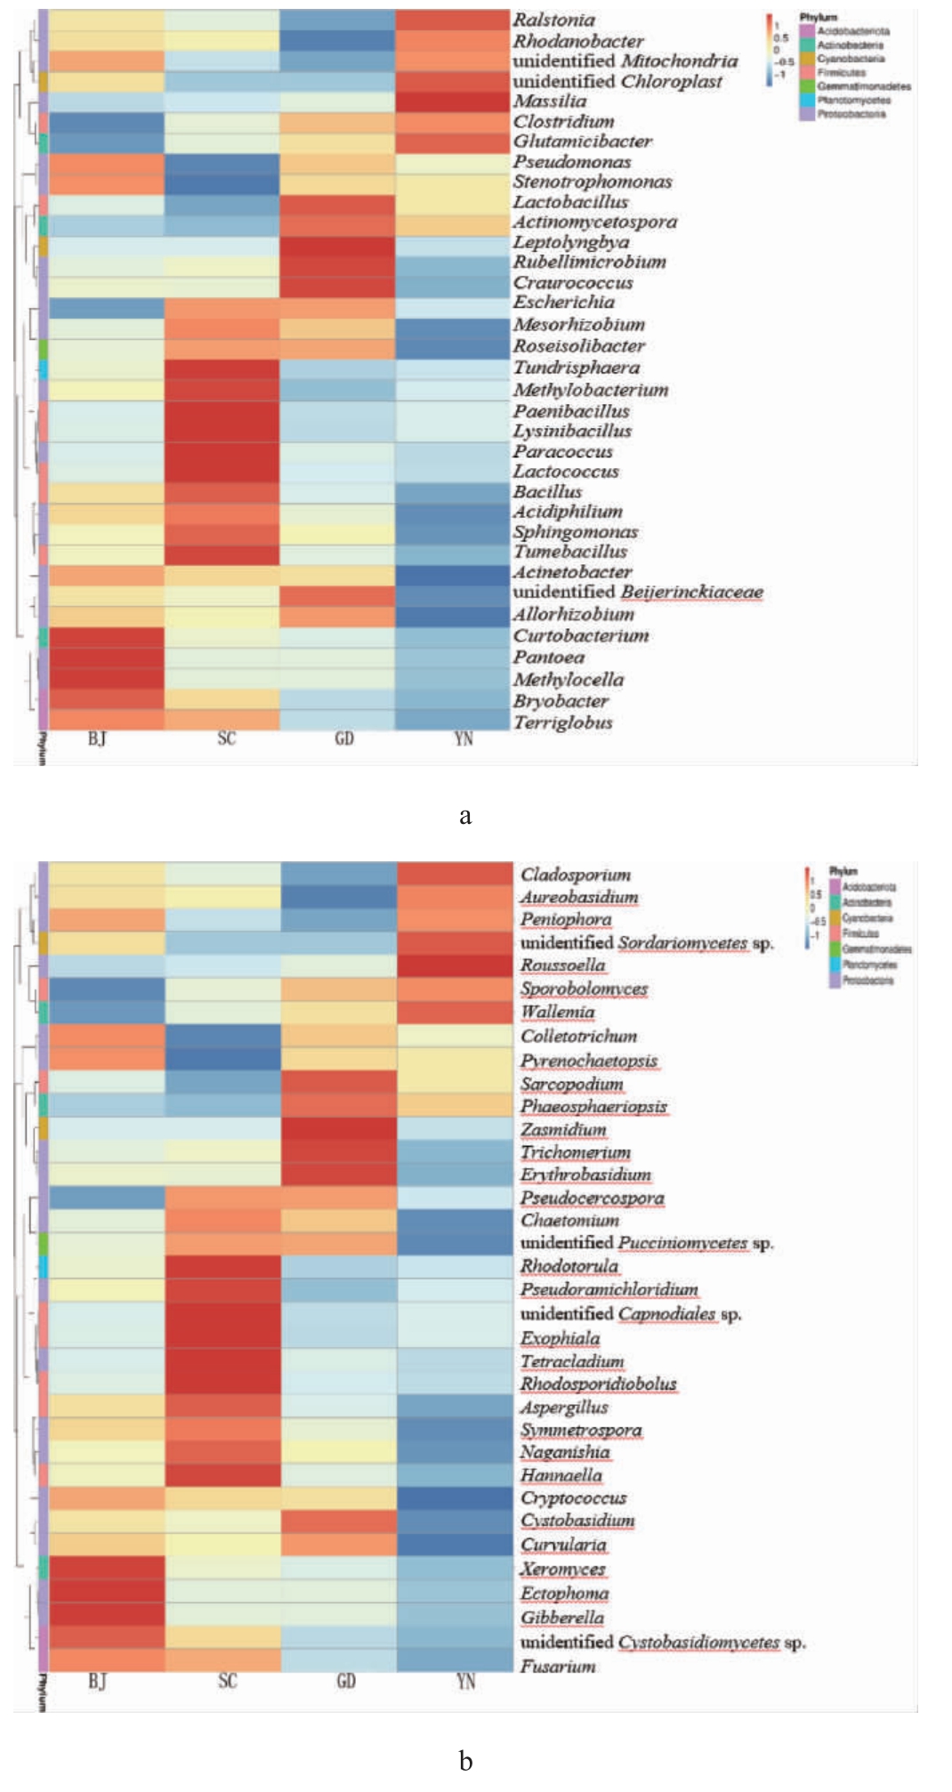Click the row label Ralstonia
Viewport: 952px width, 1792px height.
click(553, 20)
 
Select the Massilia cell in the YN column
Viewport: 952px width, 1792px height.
click(452, 101)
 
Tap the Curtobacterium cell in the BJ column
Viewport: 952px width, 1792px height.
click(106, 637)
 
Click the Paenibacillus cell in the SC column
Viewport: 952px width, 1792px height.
click(222, 411)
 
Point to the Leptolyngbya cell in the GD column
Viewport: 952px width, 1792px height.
click(337, 243)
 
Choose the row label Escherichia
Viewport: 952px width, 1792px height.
click(563, 303)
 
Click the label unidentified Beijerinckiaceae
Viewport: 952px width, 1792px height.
click(637, 593)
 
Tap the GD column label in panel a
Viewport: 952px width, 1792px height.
click(344, 739)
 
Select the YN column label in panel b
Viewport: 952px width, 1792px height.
click(465, 1681)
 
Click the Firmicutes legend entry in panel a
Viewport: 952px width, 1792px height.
click(841, 72)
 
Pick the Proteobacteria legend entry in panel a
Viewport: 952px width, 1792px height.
click(851, 114)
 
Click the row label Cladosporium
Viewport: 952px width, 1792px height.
click(576, 875)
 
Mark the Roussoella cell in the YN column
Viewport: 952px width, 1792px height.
click(455, 965)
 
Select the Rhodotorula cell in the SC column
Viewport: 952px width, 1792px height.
click(223, 1266)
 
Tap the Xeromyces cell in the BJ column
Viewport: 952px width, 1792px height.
click(107, 1570)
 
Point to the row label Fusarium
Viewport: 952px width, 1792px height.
click(558, 1667)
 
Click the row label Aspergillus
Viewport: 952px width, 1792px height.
click(564, 1408)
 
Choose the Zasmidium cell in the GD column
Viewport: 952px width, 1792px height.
click(339, 1129)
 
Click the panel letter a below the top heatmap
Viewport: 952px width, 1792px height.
click(465, 816)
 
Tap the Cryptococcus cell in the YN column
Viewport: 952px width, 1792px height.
click(455, 1498)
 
